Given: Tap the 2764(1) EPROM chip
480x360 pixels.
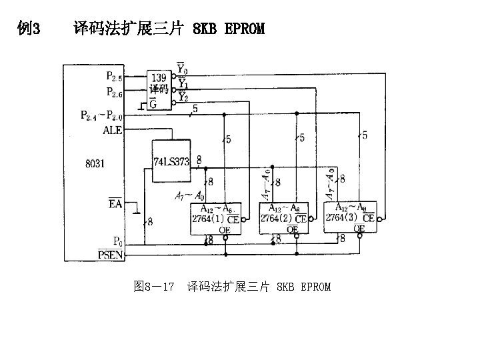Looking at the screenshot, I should [217, 218].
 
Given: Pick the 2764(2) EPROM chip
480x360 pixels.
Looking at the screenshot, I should [283, 218].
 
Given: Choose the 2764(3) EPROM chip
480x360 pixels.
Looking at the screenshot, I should [350, 217].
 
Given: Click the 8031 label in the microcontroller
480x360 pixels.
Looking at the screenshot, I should [95, 163].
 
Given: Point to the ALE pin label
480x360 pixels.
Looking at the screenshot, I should [113, 131].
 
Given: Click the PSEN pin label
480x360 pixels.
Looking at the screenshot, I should [110, 254].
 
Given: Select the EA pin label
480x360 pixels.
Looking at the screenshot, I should [115, 204].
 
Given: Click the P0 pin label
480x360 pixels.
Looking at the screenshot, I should [117, 241].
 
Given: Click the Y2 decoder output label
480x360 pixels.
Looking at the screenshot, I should [181, 98].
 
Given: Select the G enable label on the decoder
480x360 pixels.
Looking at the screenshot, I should [153, 103].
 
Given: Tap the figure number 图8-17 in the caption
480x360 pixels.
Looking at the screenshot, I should [154, 287].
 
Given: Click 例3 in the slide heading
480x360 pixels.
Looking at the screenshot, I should [30, 29].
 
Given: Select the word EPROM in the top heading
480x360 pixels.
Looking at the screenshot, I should [245, 29].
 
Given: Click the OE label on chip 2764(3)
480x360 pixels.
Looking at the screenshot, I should [359, 229].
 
